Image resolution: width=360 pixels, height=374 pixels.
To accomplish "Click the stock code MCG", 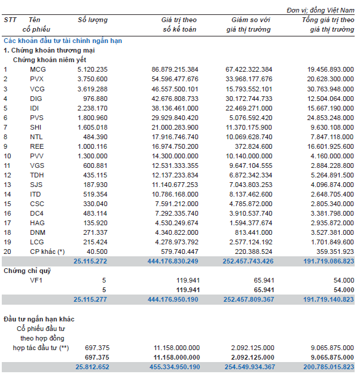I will click(x=37, y=69).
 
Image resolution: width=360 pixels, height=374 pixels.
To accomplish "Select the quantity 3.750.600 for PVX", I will click(x=93, y=79).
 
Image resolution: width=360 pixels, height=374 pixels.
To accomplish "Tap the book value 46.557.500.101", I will click(x=175, y=88).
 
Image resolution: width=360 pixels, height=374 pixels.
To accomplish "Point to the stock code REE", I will click(x=36, y=146).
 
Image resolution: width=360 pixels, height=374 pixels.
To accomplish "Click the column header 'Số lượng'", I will click(x=93, y=20).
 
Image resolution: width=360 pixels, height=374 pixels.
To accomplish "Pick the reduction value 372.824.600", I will click(x=252, y=146).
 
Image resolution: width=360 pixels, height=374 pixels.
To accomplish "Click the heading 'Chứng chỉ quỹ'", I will click(x=26, y=271).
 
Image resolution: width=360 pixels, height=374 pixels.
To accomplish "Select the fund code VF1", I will click(x=36, y=280).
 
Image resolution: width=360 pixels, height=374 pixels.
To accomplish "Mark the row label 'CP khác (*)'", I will click(x=47, y=252).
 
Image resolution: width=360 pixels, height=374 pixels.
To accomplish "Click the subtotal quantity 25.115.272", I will click(x=90, y=261).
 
